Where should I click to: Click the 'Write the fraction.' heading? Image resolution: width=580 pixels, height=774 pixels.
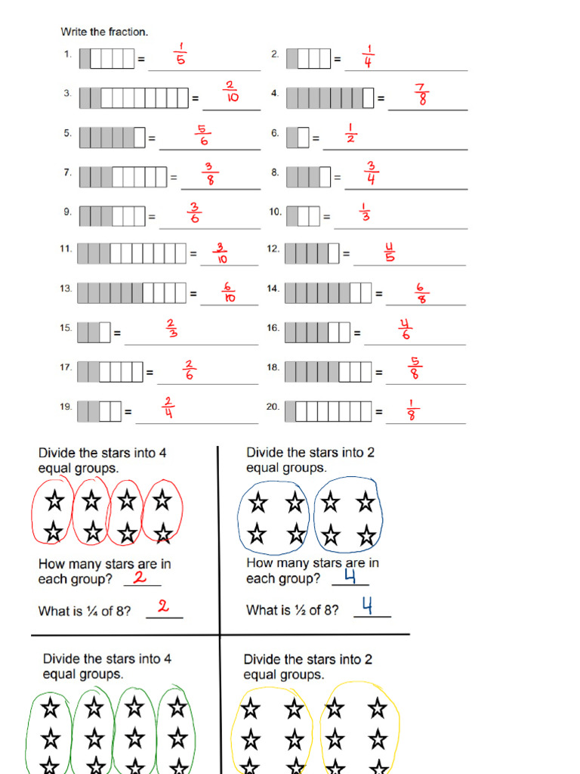(104, 33)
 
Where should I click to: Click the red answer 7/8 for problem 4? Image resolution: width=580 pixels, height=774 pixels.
(421, 94)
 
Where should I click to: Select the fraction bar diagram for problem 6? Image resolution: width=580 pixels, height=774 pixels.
(298, 138)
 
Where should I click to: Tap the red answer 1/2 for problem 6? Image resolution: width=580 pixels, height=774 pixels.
(350, 134)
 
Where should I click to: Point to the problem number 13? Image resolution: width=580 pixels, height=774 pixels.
(66, 289)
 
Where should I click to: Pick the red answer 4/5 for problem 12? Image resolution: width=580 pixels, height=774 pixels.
(390, 252)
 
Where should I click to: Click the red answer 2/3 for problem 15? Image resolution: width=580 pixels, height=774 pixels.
(171, 330)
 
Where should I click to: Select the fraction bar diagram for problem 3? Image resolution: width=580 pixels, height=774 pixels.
(134, 98)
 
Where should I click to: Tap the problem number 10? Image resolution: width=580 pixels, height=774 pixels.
(275, 212)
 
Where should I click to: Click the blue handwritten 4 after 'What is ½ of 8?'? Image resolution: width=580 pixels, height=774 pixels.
(367, 606)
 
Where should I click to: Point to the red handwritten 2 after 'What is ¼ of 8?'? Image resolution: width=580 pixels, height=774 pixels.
(162, 606)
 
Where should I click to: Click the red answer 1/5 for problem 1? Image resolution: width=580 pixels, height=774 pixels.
(180, 55)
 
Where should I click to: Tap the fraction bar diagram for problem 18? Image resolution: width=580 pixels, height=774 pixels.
(329, 372)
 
